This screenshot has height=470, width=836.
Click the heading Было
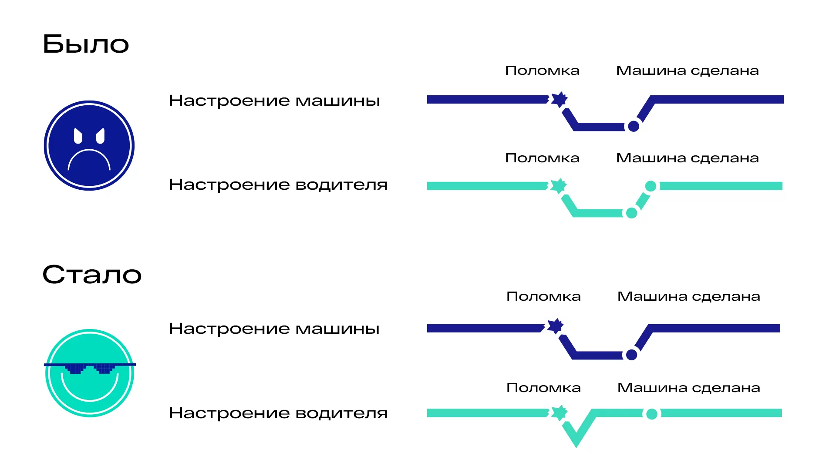[x=86, y=44]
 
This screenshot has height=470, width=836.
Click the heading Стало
[x=92, y=275]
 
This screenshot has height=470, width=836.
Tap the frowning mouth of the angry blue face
[x=89, y=158]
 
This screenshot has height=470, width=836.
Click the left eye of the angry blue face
[x=78, y=136]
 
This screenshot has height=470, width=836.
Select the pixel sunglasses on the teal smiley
[x=90, y=368]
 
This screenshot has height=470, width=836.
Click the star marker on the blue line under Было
[x=559, y=99]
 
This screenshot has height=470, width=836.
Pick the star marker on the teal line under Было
[x=559, y=186]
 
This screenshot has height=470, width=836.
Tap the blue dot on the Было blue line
[x=634, y=126]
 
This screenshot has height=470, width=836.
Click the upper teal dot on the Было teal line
[x=651, y=186]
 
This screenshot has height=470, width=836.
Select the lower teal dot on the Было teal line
[x=631, y=213]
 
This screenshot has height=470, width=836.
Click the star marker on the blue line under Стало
[x=555, y=326]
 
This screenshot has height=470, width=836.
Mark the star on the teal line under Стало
[x=559, y=413]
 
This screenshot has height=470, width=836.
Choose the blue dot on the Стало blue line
[x=631, y=355]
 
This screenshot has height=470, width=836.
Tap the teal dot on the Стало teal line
[x=652, y=414]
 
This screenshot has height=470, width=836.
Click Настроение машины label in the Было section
[x=274, y=101]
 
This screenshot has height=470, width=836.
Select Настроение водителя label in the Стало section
[x=278, y=413]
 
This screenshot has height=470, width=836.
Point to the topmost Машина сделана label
[x=687, y=70]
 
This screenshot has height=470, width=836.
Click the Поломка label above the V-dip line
[x=543, y=387]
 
